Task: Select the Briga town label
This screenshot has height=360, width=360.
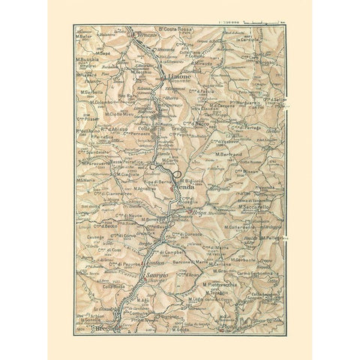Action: tap(205, 213)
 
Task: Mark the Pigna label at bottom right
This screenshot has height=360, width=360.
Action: tap(225, 327)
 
